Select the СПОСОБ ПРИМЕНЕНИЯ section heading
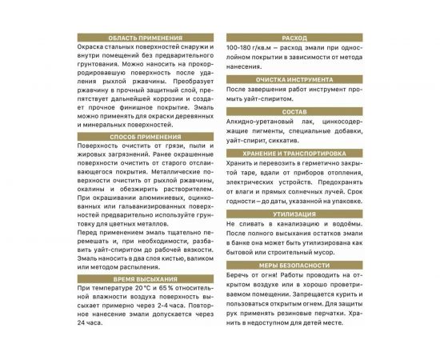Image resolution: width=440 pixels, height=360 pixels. (140, 137)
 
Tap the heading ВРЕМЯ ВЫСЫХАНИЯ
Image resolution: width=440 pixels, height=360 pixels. (140, 278)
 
